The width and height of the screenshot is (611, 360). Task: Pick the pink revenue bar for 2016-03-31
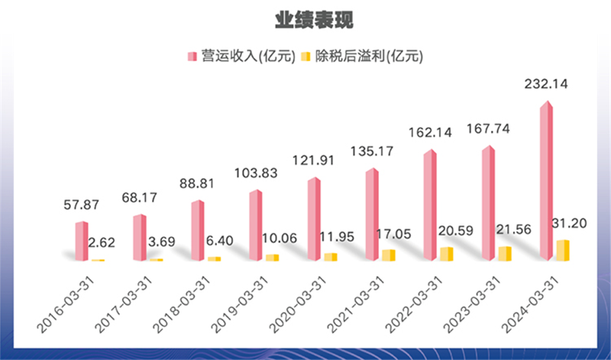[x=81, y=242]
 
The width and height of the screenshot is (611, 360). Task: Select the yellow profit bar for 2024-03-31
[x=563, y=251]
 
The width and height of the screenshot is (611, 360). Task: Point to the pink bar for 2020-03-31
[x=314, y=219]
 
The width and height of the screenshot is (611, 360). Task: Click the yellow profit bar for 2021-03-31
[x=388, y=255]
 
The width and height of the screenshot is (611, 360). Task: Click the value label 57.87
[x=80, y=206]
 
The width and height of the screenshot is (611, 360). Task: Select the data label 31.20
[x=569, y=222]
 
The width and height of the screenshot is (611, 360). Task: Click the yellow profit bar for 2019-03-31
[x=271, y=258]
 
